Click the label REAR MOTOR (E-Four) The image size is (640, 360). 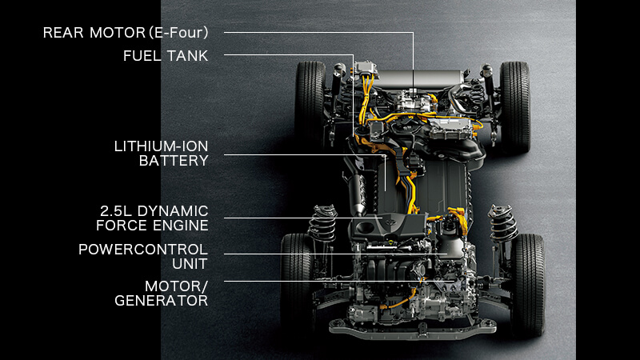(x=126, y=33)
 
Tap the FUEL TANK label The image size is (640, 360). (x=166, y=56)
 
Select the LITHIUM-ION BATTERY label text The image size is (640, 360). (x=162, y=154)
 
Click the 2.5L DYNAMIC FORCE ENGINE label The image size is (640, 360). (x=152, y=218)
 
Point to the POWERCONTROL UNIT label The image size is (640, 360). (x=143, y=256)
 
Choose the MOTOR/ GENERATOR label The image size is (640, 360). (x=162, y=294)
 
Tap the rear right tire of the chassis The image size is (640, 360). (x=515, y=107)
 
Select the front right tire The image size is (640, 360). (x=528, y=285)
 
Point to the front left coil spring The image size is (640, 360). (x=323, y=224)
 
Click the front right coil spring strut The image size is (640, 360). (x=503, y=224)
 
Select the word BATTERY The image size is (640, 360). (x=174, y=161)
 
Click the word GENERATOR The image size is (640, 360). (x=162, y=301)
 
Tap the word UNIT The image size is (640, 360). (x=190, y=264)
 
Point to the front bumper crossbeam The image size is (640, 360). (x=412, y=328)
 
